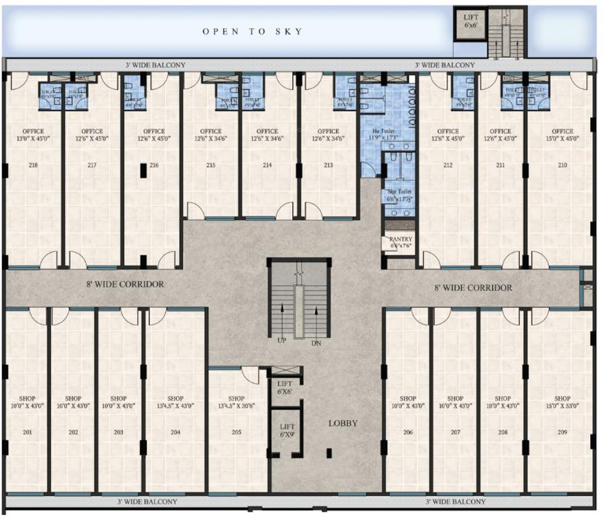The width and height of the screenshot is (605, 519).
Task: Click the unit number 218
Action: (32, 165)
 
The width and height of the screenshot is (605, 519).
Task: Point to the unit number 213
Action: (328, 165)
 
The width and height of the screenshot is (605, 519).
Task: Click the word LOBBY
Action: (343, 424)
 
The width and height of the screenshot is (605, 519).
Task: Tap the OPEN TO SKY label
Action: (252, 32)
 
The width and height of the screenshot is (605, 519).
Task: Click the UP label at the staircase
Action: (282, 342)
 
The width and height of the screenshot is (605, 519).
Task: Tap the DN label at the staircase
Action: (316, 343)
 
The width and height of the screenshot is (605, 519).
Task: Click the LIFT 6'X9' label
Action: (287, 430)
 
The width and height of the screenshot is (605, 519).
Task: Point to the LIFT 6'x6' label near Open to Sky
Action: (471, 20)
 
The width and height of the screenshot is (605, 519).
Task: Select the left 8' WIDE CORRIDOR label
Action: (125, 285)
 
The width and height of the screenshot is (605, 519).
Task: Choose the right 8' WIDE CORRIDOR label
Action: (473, 288)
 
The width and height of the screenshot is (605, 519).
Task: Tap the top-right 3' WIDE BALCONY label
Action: (444, 65)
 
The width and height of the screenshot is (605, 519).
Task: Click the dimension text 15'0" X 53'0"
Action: (562, 405)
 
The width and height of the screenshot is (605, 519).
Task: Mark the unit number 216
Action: (154, 165)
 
